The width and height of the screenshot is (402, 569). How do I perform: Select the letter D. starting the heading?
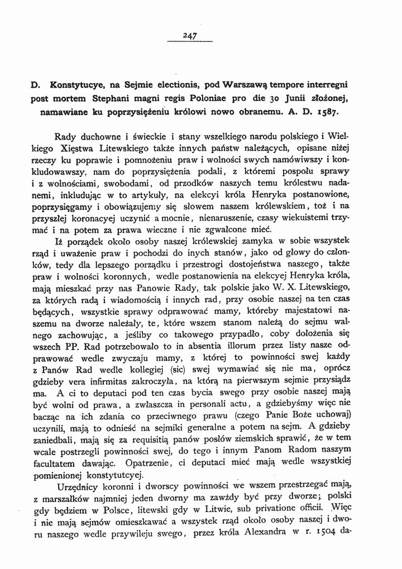click(35, 87)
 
